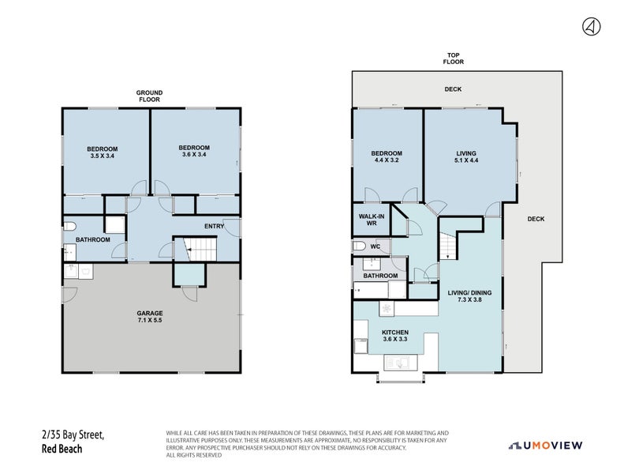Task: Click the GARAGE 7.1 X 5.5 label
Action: point(149,318)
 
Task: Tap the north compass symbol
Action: point(590,27)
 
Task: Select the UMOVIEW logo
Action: point(545,446)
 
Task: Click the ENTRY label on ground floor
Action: point(214,227)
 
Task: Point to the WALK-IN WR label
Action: point(372,220)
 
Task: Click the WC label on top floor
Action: point(376,247)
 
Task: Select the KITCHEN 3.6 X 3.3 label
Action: point(394,337)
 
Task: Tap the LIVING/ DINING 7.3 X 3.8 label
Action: point(470,297)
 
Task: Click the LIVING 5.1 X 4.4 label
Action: point(466,156)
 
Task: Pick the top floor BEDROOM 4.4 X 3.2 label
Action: point(387,156)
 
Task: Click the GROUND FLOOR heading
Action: point(149,96)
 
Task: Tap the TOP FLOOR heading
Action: point(453,58)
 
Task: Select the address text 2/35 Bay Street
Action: point(73,434)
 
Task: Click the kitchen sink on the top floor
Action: point(398,363)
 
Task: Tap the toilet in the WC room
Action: point(360,247)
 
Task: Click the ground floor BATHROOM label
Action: point(92,239)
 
